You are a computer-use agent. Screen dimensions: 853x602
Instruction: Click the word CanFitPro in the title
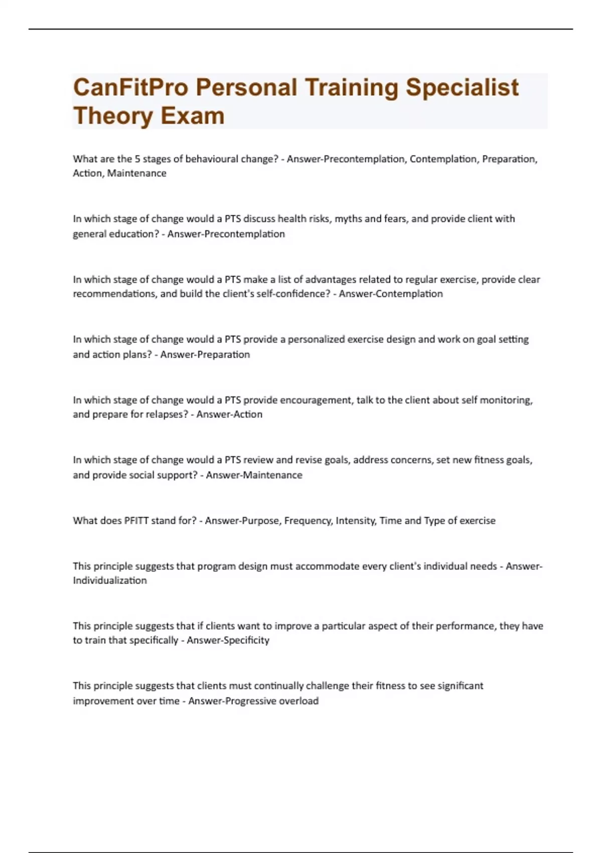click(130, 87)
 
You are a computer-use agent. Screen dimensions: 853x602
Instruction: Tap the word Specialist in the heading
click(462, 87)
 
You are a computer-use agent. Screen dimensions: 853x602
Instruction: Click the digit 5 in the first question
click(137, 159)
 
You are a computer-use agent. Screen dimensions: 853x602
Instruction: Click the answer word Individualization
click(110, 581)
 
